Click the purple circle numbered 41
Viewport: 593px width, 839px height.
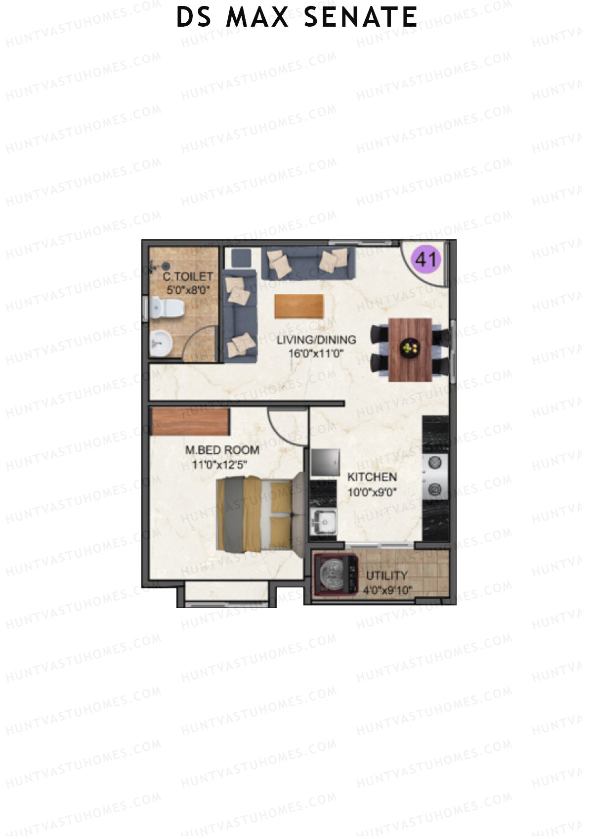pyautogui.click(x=426, y=259)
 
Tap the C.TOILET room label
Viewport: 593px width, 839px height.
pyautogui.click(x=188, y=276)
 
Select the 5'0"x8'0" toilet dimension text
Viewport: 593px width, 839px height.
pyautogui.click(x=185, y=290)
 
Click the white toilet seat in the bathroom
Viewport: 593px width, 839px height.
pyautogui.click(x=167, y=309)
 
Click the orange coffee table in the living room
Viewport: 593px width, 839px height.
pyautogui.click(x=299, y=307)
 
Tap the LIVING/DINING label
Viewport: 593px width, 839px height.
pyautogui.click(x=316, y=340)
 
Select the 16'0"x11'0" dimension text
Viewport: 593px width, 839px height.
pyautogui.click(x=316, y=353)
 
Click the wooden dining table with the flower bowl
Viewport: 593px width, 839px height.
pyautogui.click(x=410, y=349)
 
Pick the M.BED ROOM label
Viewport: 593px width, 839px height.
pyautogui.click(x=222, y=450)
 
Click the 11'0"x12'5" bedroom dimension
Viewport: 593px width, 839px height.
pyautogui.click(x=220, y=465)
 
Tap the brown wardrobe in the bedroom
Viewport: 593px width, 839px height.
pyautogui.click(x=191, y=421)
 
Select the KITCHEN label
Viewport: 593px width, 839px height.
pyautogui.click(x=372, y=477)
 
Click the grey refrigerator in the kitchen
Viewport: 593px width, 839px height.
pyautogui.click(x=325, y=462)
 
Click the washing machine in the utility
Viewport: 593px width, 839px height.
pyautogui.click(x=337, y=574)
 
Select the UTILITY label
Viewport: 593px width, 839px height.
pyautogui.click(x=387, y=576)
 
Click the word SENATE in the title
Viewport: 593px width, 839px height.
pyautogui.click(x=360, y=17)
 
